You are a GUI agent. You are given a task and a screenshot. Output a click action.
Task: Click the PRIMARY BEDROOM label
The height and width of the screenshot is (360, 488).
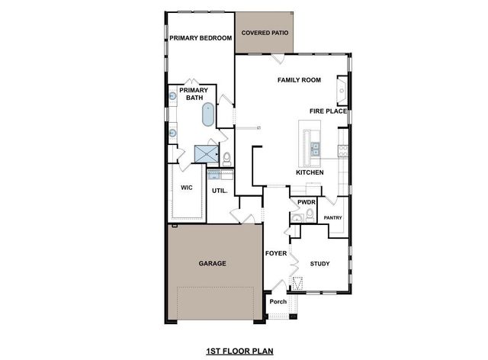coord(200,38)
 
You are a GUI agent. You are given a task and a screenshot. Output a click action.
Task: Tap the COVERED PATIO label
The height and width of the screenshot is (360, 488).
coord(264,33)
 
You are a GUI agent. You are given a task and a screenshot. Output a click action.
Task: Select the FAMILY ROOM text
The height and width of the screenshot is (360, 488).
coord(298,80)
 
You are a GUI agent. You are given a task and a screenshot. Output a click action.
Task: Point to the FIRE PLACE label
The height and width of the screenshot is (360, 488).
coord(328,111)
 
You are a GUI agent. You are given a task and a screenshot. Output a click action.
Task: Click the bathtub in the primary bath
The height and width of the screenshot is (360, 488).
coord(207,115)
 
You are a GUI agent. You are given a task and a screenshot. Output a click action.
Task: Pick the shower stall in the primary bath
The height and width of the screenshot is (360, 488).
coord(206,153)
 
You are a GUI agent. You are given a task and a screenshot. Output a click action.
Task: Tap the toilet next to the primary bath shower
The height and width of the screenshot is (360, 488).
coord(226,158)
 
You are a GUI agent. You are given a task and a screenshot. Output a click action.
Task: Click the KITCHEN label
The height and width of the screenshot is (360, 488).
coord(310,173)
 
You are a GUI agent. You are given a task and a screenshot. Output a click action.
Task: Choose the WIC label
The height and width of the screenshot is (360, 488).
coord(186,188)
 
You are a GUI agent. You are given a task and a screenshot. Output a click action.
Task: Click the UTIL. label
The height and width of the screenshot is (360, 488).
coord(220,191)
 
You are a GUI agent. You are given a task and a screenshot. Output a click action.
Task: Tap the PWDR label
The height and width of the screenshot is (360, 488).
coord(306,202)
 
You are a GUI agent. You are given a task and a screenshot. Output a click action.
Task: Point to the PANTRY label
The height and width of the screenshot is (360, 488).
coord(332,218)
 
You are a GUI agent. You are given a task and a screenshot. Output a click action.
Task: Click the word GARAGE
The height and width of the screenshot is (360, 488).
coord(212,263)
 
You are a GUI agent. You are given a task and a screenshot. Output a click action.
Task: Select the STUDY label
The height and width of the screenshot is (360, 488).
coord(319,264)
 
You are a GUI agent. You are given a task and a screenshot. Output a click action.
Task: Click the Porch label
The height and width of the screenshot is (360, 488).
coord(278,301)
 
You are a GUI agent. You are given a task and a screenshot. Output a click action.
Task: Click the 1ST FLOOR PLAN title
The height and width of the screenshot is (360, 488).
coord(239,352)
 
